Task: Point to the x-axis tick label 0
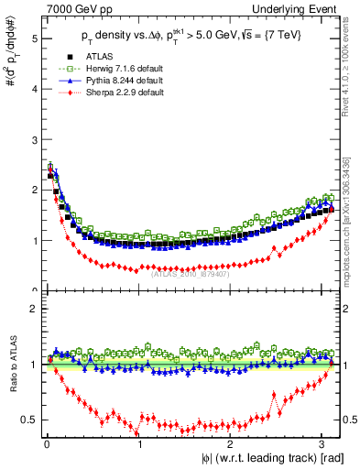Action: (x=47, y=443)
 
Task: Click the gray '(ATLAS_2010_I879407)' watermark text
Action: (x=190, y=272)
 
